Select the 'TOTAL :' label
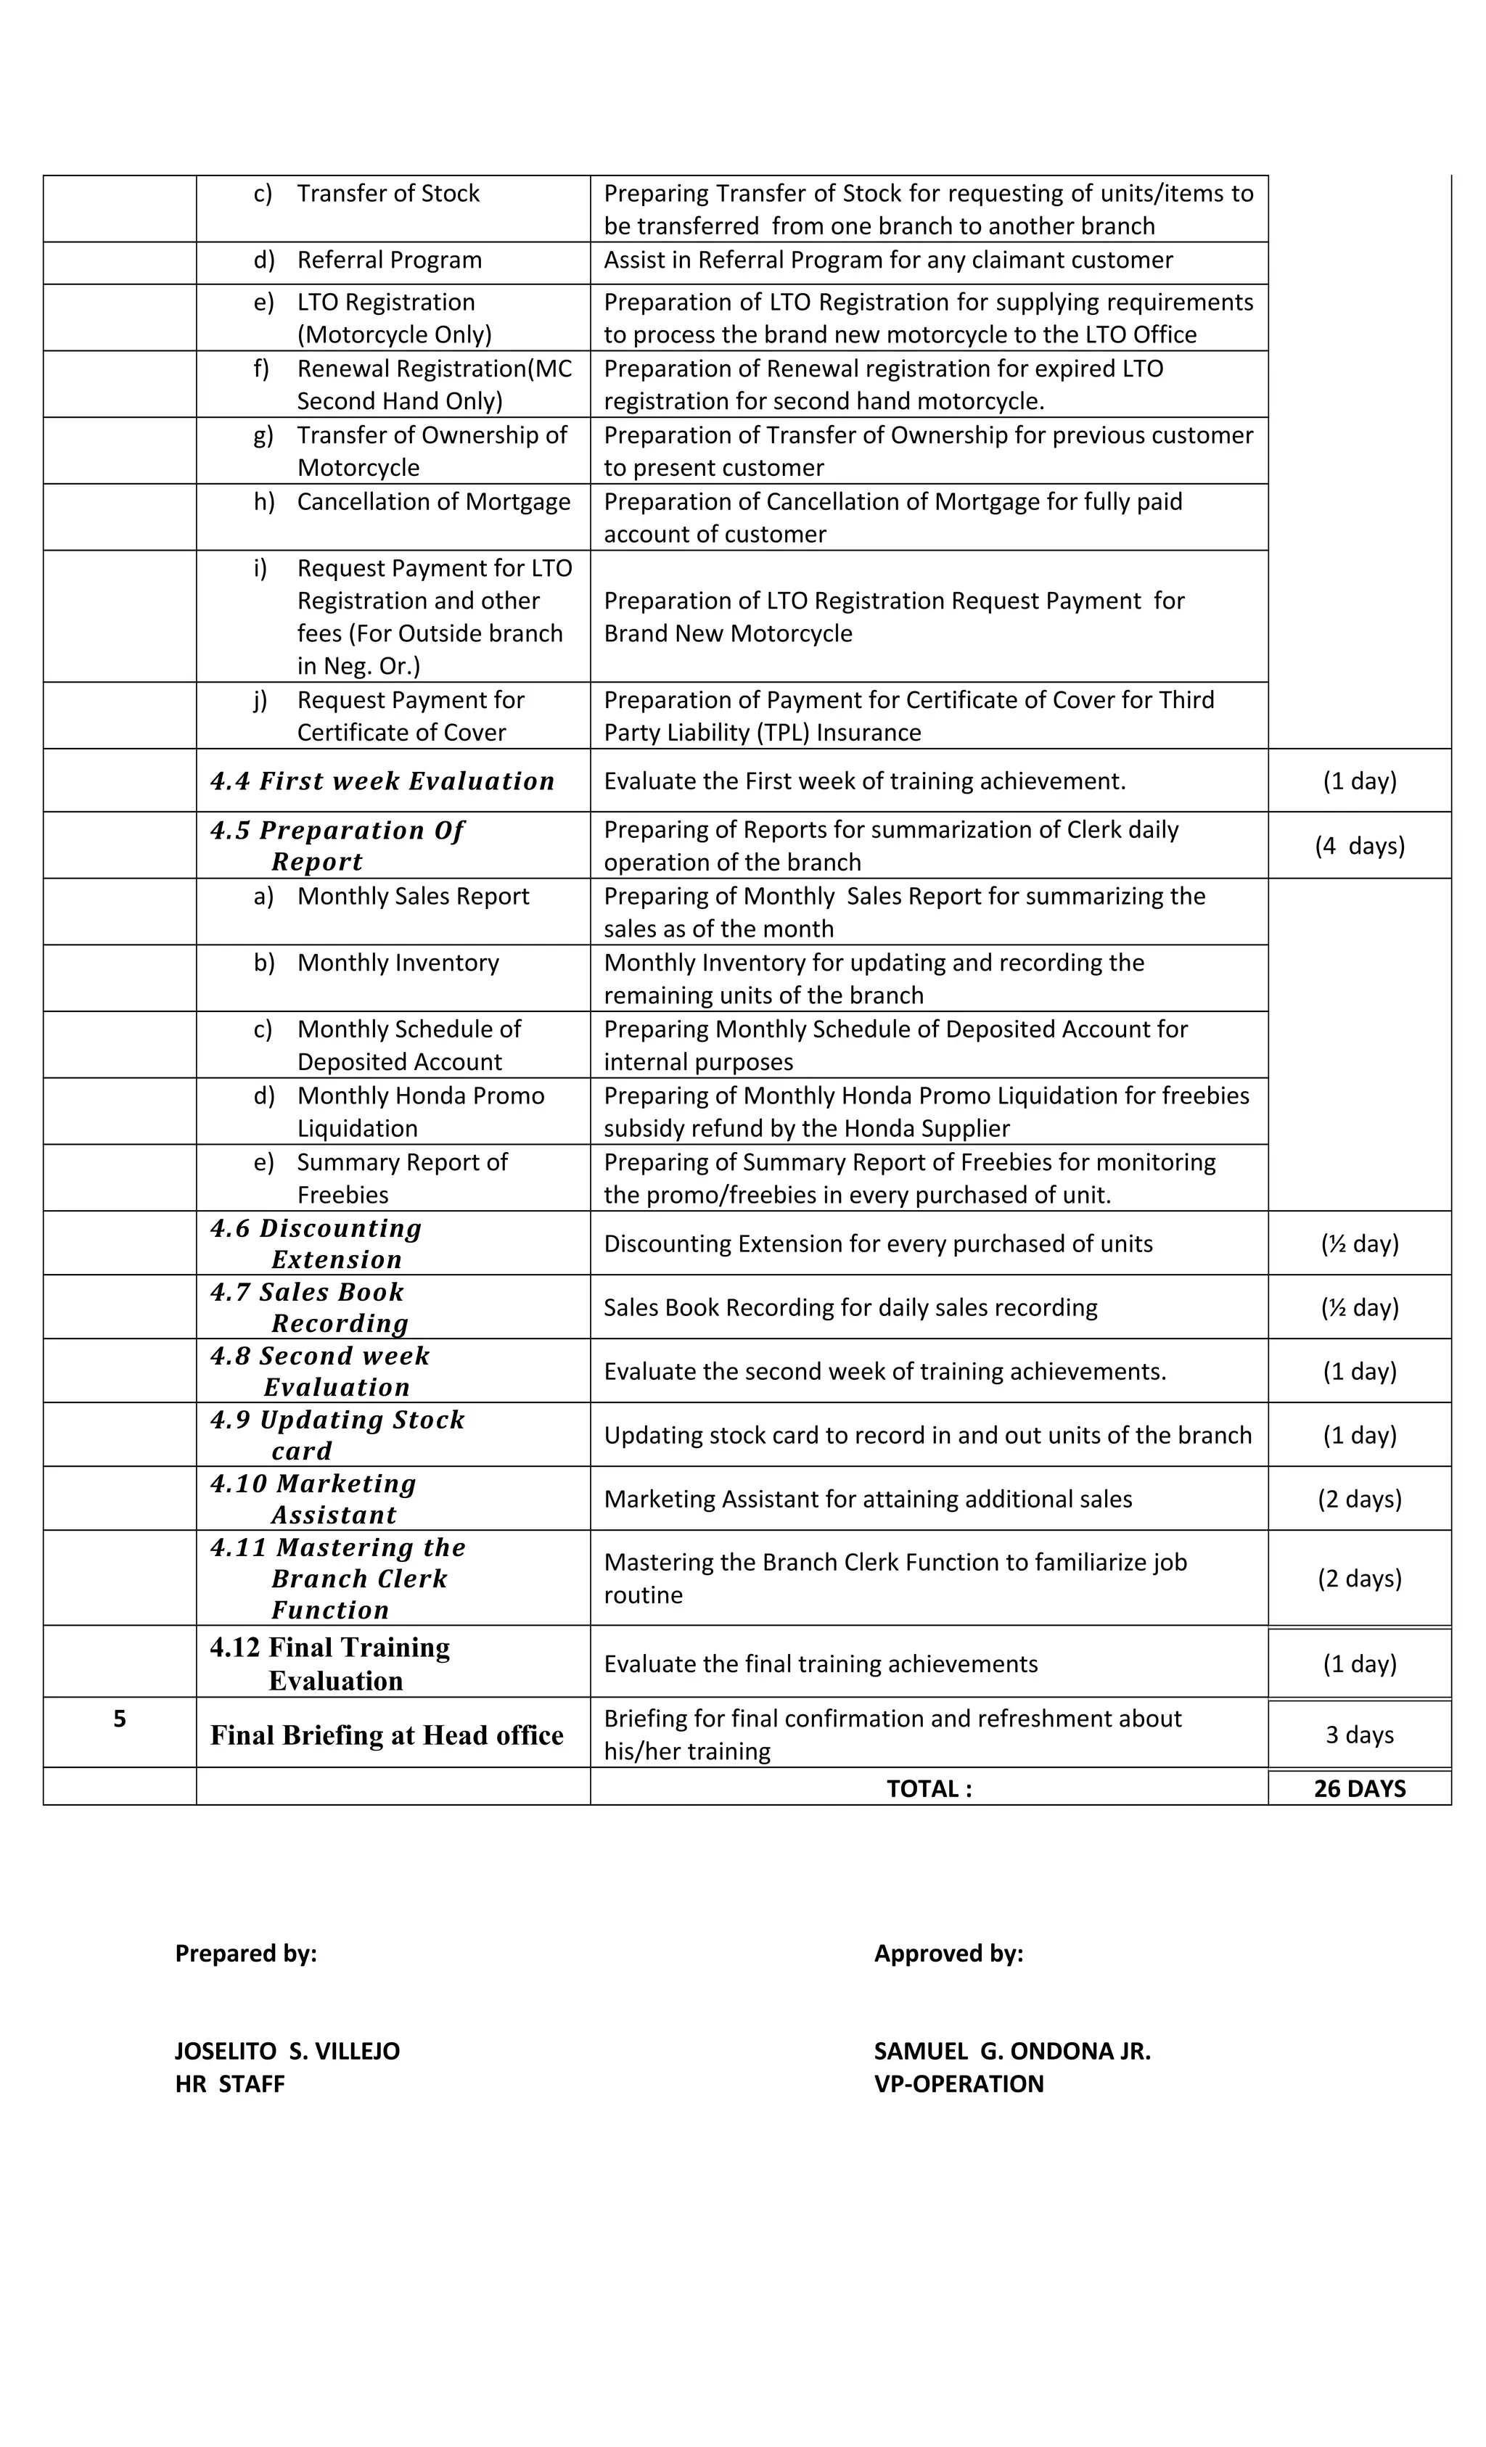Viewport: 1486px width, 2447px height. pyautogui.click(x=928, y=1788)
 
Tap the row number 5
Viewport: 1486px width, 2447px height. pyautogui.click(x=119, y=1719)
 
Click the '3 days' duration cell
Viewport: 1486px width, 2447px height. pyautogui.click(x=1359, y=1735)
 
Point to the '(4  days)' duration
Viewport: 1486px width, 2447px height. pyautogui.click(x=1359, y=846)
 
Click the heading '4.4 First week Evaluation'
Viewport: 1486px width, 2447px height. pyautogui.click(x=382, y=781)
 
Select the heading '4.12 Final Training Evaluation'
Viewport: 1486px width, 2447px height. pyautogui.click(x=330, y=1664)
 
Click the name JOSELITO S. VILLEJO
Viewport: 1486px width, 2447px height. pyautogui.click(x=287, y=2051)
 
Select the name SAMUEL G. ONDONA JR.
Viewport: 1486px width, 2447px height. pyautogui.click(x=1011, y=2051)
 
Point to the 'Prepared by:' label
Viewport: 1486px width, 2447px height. pyautogui.click(x=245, y=1954)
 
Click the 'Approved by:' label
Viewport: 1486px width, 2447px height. pyautogui.click(x=948, y=1954)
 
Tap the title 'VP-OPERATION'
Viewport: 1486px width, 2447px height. pyautogui.click(x=958, y=2084)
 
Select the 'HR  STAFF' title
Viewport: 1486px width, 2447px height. pyautogui.click(x=229, y=2084)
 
